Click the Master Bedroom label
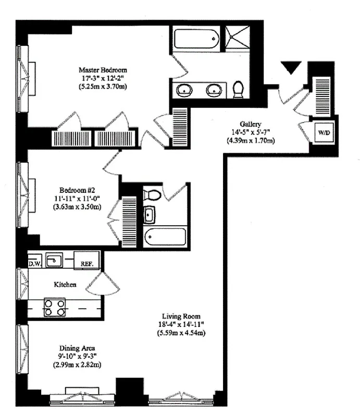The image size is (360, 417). pyautogui.click(x=103, y=70)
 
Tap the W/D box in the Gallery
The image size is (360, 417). pyautogui.click(x=324, y=133)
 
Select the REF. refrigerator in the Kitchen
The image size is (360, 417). pyautogui.click(x=86, y=263)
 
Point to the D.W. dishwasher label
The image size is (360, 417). pyautogui.click(x=35, y=263)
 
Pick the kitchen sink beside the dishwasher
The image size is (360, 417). pyautogui.click(x=54, y=259)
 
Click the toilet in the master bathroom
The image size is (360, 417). pyautogui.click(x=239, y=89)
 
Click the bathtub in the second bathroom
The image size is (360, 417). pyautogui.click(x=164, y=238)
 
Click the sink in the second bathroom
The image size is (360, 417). pyautogui.click(x=150, y=214)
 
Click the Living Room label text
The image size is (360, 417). pyautogui.click(x=181, y=316)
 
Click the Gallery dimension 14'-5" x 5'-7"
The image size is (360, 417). pyautogui.click(x=250, y=132)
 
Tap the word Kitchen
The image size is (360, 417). pyautogui.click(x=65, y=285)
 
